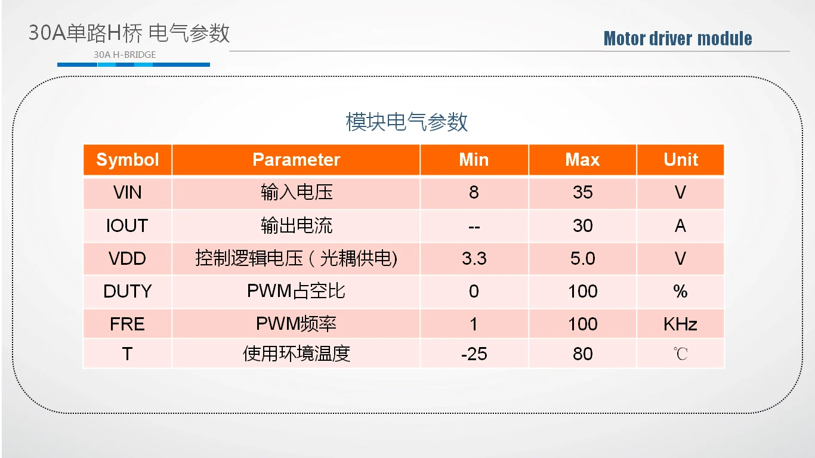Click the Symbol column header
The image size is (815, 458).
pyautogui.click(x=127, y=160)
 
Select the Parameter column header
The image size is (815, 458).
pyautogui.click(x=296, y=160)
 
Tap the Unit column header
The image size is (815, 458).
pyautogui.click(x=681, y=160)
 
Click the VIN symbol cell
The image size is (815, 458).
pyautogui.click(x=127, y=193)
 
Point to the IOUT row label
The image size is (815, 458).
pyautogui.click(x=127, y=225)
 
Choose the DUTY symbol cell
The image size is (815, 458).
pyautogui.click(x=127, y=292)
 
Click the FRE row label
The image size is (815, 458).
pyautogui.click(x=127, y=324)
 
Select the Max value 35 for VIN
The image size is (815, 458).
pyautogui.click(x=583, y=193)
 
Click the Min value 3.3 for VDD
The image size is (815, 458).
pyautogui.click(x=474, y=259)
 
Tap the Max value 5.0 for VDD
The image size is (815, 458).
pyautogui.click(x=583, y=259)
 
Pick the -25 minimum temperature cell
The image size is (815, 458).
pyautogui.click(x=474, y=354)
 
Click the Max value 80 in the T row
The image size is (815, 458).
pyautogui.click(x=583, y=354)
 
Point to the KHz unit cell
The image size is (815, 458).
pyautogui.click(x=680, y=324)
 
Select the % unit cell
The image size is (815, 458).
pyautogui.click(x=680, y=292)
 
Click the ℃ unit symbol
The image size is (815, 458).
pyautogui.click(x=680, y=354)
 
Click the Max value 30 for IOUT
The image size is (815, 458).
pyautogui.click(x=583, y=225)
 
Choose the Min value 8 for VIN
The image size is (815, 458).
pyautogui.click(x=474, y=193)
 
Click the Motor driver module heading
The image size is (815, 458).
pyautogui.click(x=678, y=39)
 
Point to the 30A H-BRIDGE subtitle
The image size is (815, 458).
pyautogui.click(x=125, y=55)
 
